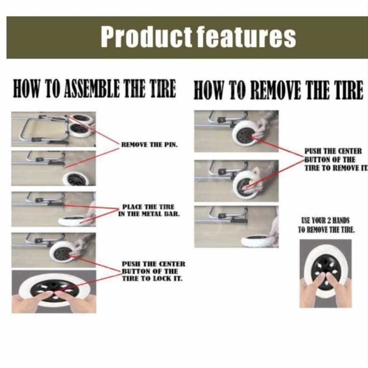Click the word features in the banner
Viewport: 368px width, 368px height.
click(x=246, y=37)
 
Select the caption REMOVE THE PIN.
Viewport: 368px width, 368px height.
click(x=149, y=144)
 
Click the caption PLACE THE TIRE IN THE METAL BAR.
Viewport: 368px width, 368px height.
click(x=149, y=210)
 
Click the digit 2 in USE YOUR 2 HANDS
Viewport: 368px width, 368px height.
click(x=329, y=221)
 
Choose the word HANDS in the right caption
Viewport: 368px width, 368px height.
click(x=341, y=221)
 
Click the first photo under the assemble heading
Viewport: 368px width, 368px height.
click(x=54, y=129)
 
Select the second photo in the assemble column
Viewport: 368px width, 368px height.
click(x=54, y=168)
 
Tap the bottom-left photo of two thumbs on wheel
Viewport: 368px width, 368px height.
click(x=54, y=291)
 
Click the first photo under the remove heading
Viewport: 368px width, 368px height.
click(x=236, y=131)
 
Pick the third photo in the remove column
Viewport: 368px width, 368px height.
click(x=236, y=227)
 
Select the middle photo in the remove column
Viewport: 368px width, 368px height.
click(x=236, y=181)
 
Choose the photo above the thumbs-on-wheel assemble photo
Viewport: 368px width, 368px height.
click(x=54, y=250)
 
